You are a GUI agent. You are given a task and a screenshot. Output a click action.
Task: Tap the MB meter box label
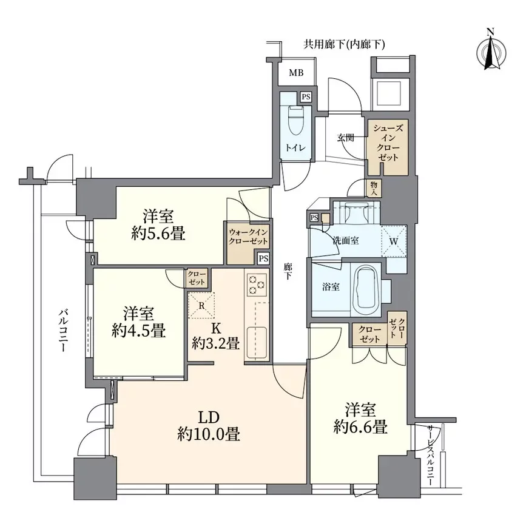click(296, 73)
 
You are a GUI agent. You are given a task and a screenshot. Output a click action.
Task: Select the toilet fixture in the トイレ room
click(297, 121)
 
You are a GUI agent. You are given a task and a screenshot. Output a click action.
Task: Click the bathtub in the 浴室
click(365, 288)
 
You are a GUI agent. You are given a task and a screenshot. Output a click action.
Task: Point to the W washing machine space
click(394, 241)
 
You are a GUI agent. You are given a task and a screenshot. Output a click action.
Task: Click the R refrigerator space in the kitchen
click(201, 306)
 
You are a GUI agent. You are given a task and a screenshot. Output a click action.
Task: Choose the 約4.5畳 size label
click(139, 330)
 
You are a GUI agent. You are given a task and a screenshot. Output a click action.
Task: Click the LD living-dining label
click(209, 417)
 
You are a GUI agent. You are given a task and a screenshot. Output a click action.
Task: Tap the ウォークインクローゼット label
click(248, 237)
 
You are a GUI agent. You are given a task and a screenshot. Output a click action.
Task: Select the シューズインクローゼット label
click(388, 143)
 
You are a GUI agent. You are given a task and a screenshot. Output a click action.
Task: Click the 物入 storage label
click(374, 188)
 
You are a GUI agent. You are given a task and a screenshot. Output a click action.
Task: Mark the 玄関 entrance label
click(345, 138)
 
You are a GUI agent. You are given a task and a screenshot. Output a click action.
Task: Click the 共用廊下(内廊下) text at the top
click(344, 44)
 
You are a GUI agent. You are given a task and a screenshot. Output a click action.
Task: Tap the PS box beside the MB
click(306, 97)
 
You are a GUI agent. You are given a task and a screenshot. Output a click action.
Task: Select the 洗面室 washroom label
click(345, 241)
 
